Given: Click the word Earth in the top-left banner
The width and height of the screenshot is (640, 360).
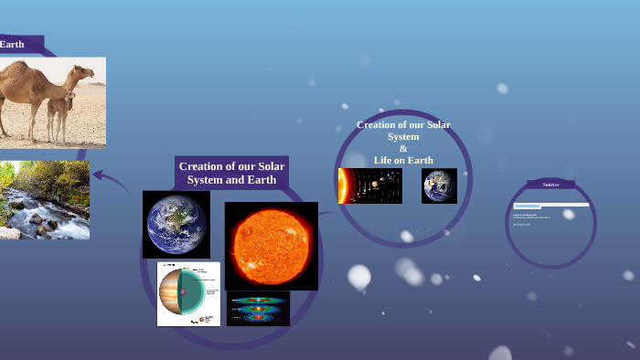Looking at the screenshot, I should [12, 44].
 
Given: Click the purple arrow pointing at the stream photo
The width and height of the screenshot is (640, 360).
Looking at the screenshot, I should [109, 179].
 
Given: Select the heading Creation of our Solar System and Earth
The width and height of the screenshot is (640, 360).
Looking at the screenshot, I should [231, 173].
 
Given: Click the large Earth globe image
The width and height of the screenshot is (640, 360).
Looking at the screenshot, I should [176, 225].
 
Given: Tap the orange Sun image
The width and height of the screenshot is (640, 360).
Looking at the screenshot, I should [271, 246].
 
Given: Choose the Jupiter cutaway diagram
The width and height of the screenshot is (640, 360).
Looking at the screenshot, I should [188, 293].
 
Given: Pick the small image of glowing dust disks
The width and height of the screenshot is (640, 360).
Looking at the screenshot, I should [258, 309].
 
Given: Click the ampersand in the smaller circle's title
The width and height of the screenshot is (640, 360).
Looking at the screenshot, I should [403, 149].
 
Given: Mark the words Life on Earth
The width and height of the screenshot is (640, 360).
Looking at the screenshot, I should [403, 161].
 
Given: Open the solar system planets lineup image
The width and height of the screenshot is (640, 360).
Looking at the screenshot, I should [369, 185].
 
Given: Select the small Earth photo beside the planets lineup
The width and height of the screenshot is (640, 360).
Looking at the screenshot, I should [439, 185].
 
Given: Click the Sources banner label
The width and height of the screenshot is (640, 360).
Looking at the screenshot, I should [550, 185].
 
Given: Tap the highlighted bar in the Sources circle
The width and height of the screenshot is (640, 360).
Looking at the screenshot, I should [551, 206].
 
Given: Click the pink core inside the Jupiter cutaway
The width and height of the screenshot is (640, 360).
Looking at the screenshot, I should [183, 292].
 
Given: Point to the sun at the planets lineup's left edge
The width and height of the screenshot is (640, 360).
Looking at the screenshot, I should [342, 185].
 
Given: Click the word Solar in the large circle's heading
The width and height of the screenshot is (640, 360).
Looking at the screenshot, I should [270, 166].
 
